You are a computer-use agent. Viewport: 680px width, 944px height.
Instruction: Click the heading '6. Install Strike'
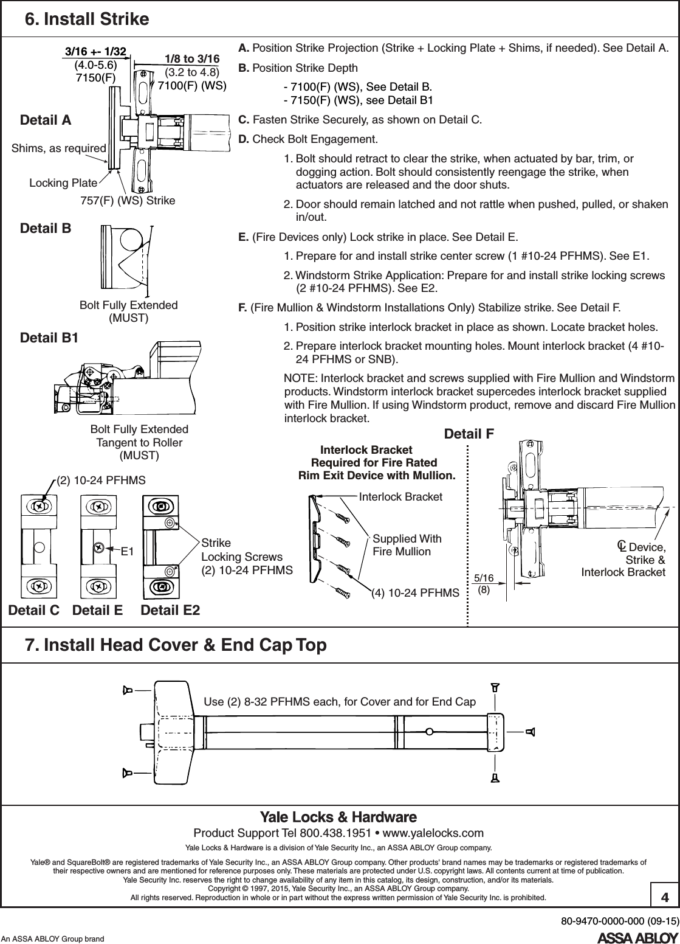[x=86, y=19]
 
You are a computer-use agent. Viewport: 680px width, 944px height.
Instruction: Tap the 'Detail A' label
[x=46, y=120]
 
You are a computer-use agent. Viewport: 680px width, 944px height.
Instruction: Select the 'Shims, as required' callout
[x=59, y=148]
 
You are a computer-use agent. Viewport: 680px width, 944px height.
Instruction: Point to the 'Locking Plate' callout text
[x=63, y=182]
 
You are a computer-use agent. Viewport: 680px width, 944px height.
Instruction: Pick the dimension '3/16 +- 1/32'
[x=95, y=52]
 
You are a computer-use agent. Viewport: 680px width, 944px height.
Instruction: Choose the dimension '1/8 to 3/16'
[x=192, y=58]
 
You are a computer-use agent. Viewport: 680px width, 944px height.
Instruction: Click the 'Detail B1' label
[x=49, y=337]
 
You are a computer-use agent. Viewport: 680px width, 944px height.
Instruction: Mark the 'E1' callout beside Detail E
[x=127, y=552]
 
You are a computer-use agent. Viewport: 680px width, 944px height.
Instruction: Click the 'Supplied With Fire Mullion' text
[x=407, y=545]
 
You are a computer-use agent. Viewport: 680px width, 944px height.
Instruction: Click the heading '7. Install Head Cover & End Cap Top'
[x=175, y=645]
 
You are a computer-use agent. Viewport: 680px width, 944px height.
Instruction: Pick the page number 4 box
[x=664, y=897]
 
